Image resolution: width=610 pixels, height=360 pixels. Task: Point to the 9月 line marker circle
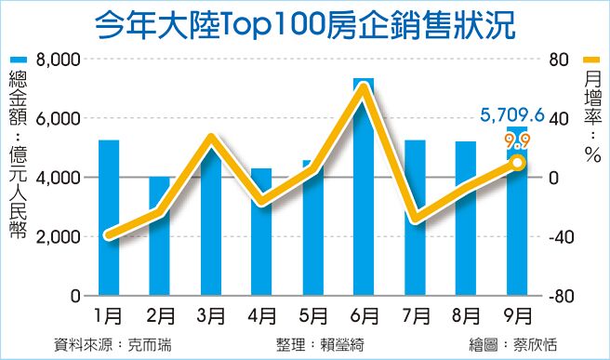pyautogui.click(x=518, y=163)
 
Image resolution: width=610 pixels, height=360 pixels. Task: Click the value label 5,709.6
pyautogui.click(x=511, y=115)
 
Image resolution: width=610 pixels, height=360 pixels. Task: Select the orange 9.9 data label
pyautogui.click(x=517, y=141)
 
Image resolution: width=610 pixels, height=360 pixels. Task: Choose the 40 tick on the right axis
pyautogui.click(x=556, y=119)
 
